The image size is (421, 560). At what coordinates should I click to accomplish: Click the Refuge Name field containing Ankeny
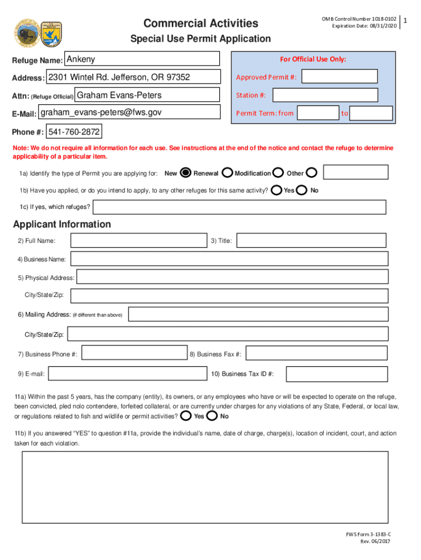pos(142,59)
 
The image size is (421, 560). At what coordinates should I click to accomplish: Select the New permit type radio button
pos(185,173)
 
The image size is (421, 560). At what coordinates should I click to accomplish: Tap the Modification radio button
pos(278,173)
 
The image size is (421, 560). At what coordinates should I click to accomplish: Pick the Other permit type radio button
pos(311,173)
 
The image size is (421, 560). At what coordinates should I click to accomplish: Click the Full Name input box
pos(139,241)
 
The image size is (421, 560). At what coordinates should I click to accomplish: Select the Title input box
pos(311,241)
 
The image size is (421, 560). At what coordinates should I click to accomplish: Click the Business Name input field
pos(229,259)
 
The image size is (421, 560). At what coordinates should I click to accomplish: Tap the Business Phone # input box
pos(135,354)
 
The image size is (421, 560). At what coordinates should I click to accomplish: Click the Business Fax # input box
pos(317,354)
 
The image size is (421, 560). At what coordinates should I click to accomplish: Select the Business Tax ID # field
pos(337,374)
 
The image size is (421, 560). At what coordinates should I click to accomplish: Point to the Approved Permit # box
pos(339,77)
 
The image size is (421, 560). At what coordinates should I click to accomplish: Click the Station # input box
pos(325,95)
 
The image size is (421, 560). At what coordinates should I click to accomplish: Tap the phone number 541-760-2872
pos(74,132)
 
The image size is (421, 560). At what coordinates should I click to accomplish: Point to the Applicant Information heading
pos(62,224)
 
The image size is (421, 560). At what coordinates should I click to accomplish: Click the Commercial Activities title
pos(201,23)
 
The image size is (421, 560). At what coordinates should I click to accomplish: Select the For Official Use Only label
pos(313,59)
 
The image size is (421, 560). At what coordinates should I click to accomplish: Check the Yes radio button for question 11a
pos(186,416)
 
